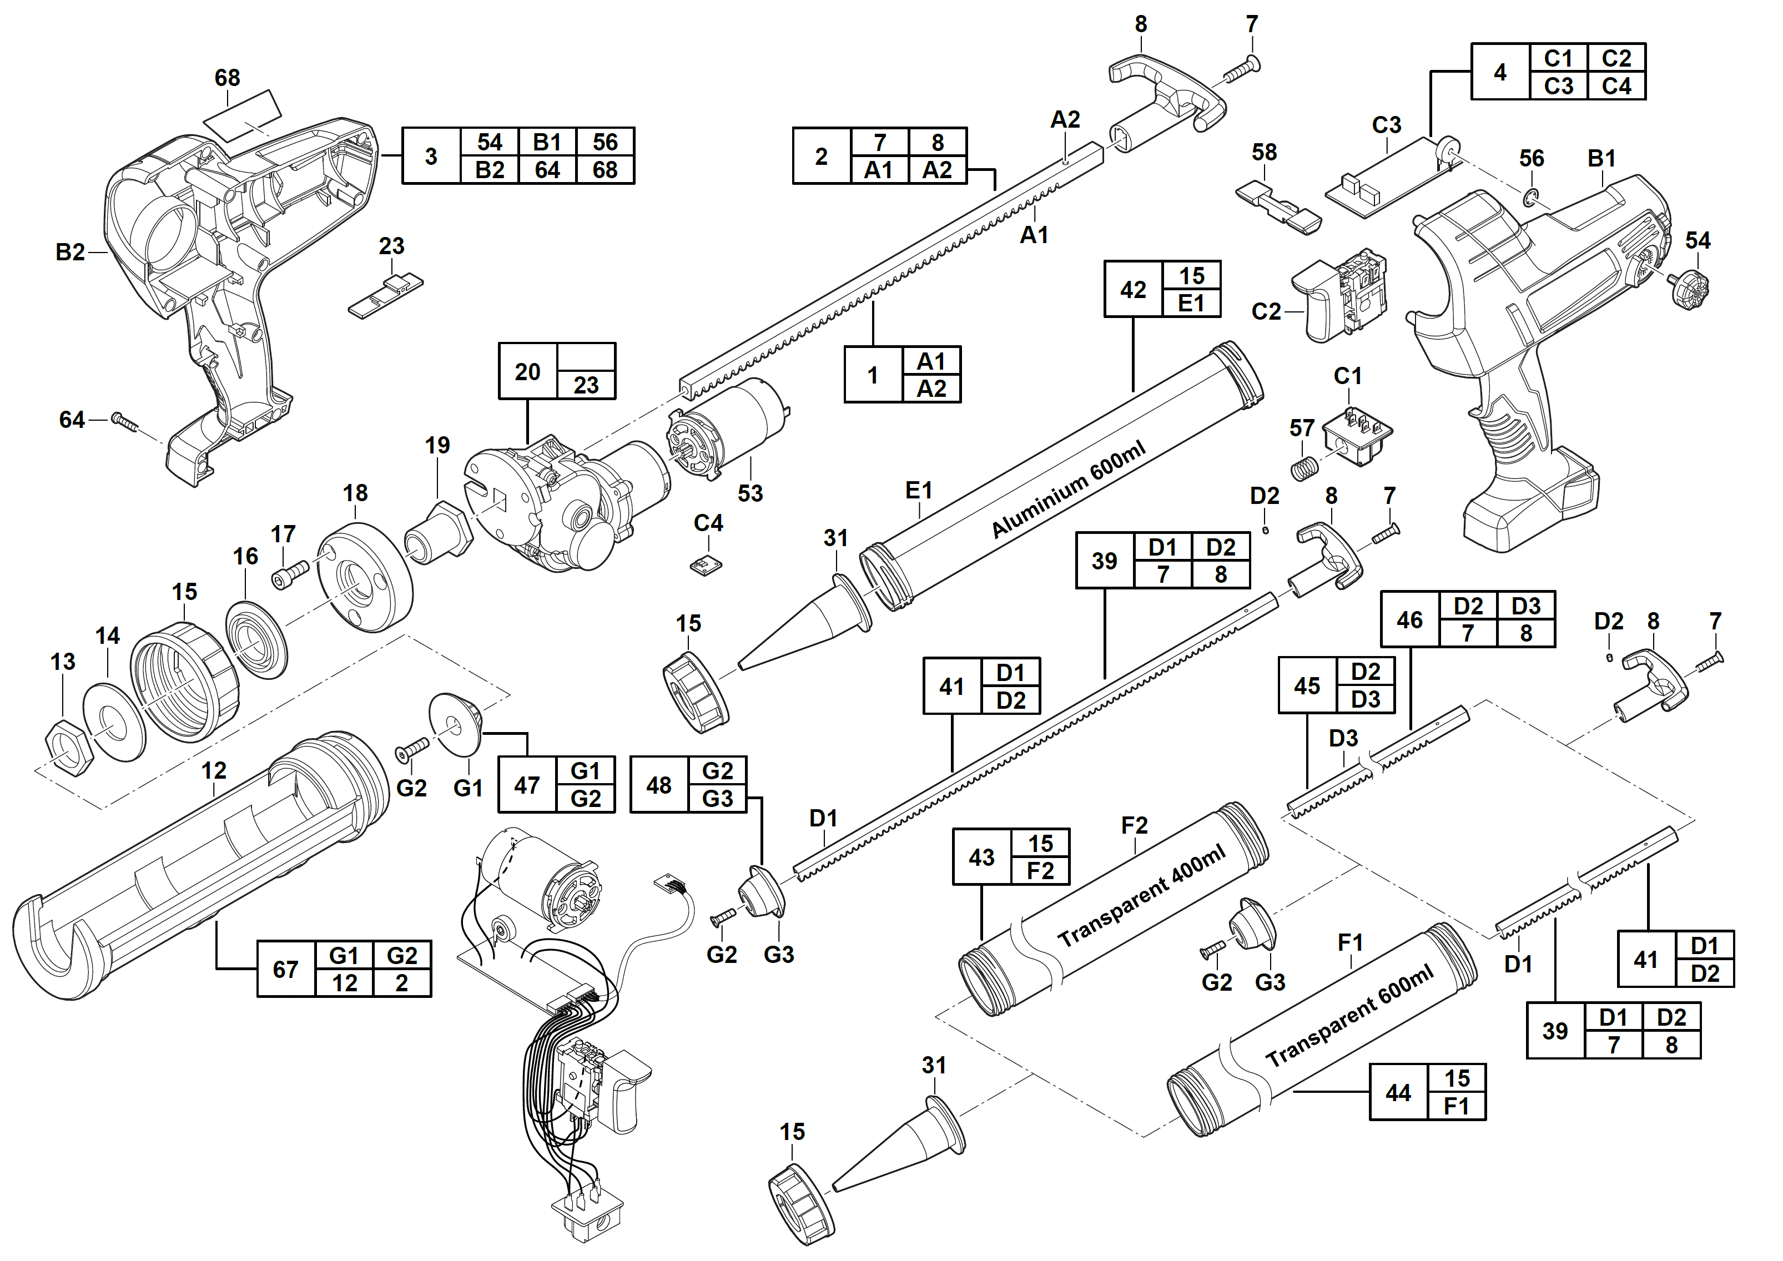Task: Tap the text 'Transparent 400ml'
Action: click(x=1141, y=895)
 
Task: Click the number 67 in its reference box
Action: click(x=285, y=969)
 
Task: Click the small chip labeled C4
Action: click(x=706, y=565)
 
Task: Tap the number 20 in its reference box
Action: click(x=527, y=371)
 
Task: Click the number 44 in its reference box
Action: click(x=1398, y=1092)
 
